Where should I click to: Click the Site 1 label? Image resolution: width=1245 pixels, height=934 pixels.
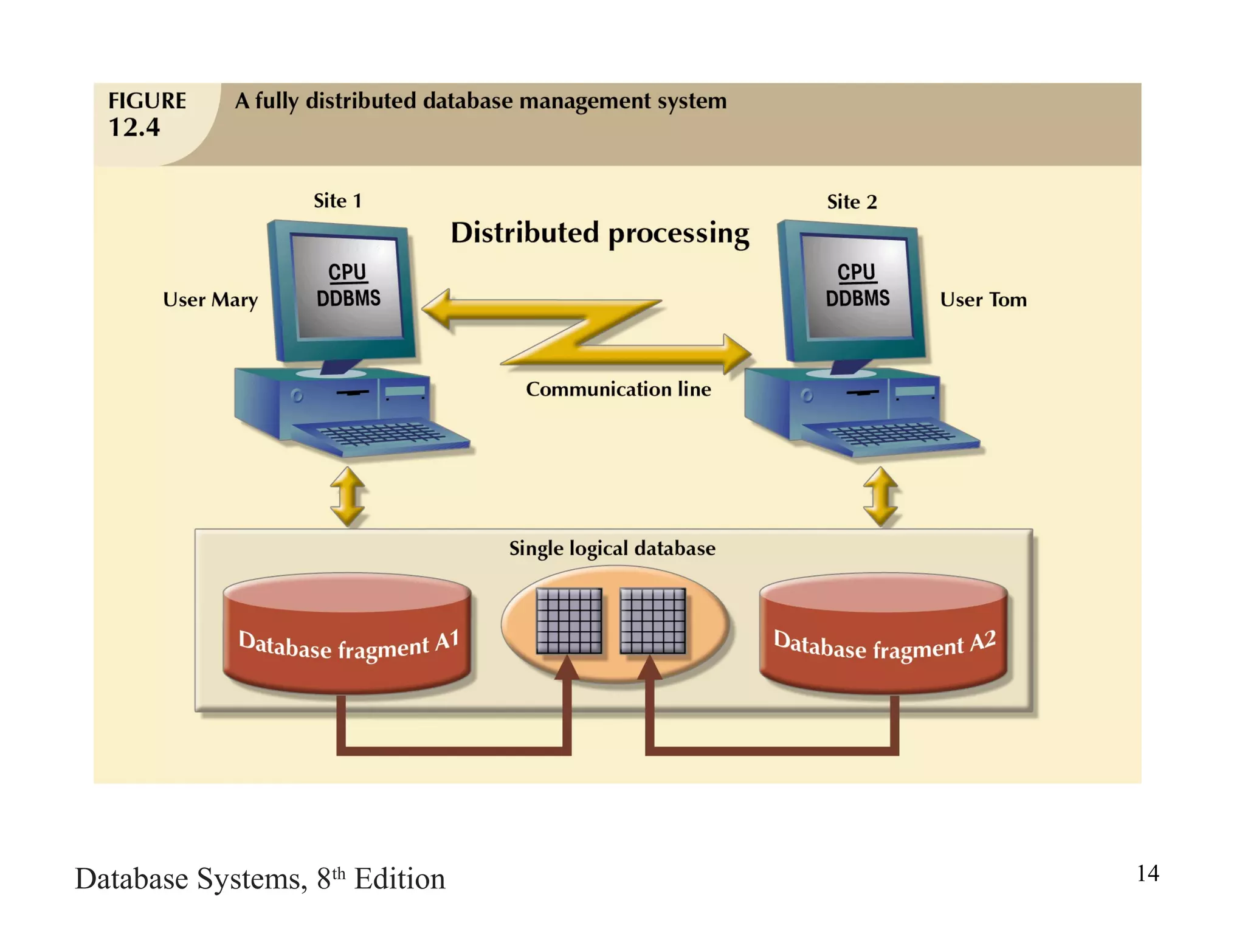point(337,201)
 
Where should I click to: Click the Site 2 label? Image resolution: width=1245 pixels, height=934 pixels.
point(852,202)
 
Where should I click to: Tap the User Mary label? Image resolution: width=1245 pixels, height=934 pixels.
point(210,300)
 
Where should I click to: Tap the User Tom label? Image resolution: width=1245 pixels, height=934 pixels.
point(983,300)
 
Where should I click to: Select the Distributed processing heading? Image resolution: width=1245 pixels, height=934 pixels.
point(600,233)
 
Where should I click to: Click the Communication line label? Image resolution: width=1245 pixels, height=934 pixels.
point(618,389)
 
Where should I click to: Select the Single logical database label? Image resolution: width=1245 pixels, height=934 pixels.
point(612,548)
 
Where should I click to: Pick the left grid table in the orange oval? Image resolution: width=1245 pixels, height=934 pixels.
point(569,621)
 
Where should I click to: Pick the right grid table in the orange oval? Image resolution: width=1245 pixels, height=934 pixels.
point(653,621)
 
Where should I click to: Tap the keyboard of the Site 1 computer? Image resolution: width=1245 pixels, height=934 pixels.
point(380,435)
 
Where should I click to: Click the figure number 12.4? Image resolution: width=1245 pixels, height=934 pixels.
point(134,128)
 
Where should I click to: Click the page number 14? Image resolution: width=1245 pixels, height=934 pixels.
point(1148,873)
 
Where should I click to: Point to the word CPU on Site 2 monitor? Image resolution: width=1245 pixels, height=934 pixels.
point(856,272)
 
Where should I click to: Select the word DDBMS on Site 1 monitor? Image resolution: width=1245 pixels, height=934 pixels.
point(348,298)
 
